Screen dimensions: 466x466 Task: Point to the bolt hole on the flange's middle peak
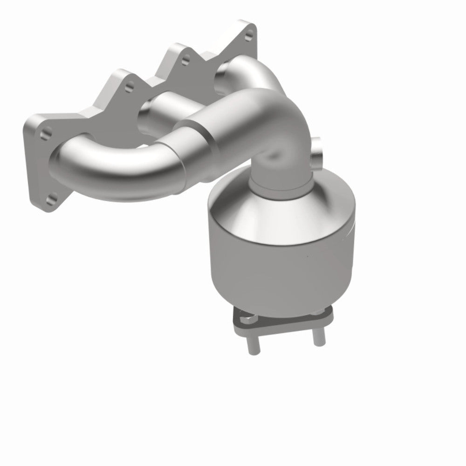tap(185, 60)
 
